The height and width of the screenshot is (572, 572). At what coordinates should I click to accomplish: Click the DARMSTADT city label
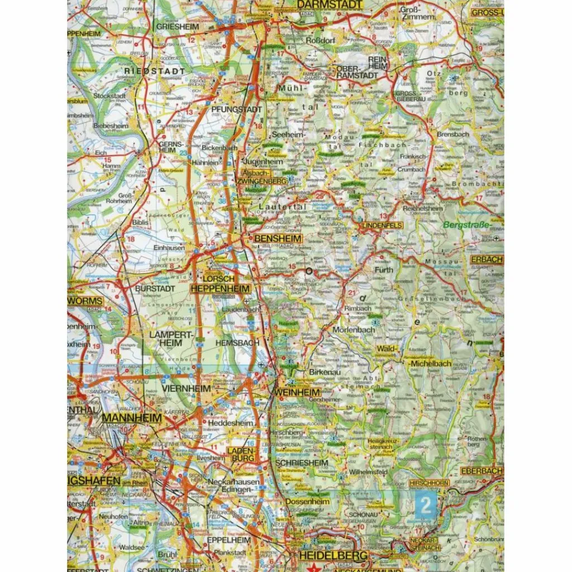coord(328,4)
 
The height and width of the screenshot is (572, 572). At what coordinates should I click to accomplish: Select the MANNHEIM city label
coord(132,417)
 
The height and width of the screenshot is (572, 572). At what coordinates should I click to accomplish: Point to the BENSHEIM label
coord(278,239)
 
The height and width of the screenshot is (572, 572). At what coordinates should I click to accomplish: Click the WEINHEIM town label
coord(297,393)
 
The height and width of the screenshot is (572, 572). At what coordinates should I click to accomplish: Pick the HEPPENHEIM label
coord(220,288)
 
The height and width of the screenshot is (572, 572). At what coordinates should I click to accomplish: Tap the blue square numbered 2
coord(426,506)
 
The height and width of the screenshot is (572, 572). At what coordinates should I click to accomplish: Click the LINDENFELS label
coord(382,225)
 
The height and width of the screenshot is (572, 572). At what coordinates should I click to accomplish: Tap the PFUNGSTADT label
coord(236,109)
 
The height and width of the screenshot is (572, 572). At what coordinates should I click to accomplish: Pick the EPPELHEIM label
coord(226,541)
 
